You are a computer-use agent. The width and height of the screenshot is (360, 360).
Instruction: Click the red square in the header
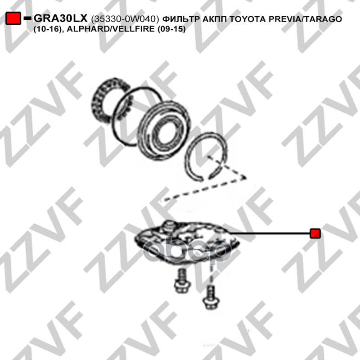click(x=13, y=18)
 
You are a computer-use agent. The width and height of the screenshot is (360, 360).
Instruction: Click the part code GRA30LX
click(x=61, y=18)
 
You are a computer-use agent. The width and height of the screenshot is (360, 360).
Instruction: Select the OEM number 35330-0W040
click(x=125, y=19)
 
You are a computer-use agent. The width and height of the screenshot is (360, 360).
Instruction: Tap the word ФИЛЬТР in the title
click(x=181, y=19)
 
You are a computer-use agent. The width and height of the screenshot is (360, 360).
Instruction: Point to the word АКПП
click(x=215, y=19)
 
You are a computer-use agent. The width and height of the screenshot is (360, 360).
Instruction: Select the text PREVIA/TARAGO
click(x=306, y=19)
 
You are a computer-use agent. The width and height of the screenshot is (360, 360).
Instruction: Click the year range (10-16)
click(x=49, y=29)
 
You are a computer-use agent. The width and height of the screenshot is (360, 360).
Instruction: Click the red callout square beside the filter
click(x=315, y=233)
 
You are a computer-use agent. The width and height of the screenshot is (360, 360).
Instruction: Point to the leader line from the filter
click(x=269, y=233)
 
